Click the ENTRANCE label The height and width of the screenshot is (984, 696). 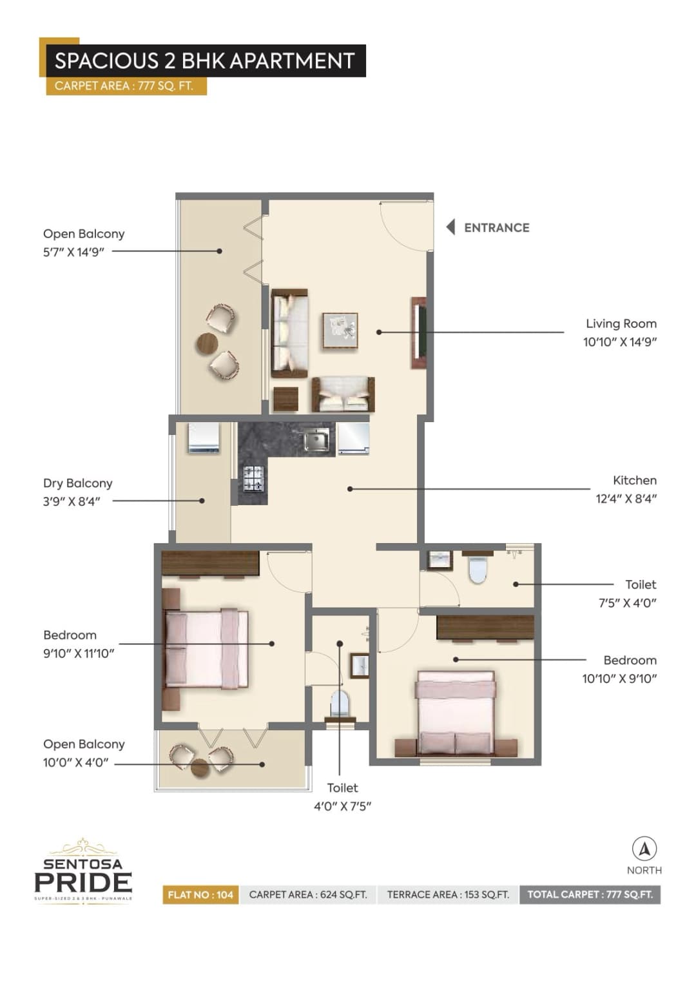pos(496,227)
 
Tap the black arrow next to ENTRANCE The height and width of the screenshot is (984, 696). pos(450,227)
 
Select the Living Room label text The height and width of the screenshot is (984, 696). pos(621,323)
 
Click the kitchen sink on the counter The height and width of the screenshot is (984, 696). pos(316,440)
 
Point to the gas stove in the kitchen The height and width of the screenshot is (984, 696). pos(253,478)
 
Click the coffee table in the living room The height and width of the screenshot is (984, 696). pos(340,331)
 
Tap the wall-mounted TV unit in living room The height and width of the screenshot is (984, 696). pos(419,333)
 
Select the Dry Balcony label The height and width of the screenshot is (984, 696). pos(77,483)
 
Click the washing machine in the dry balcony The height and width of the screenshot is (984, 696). pos(204,438)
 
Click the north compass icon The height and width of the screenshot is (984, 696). pos(644,849)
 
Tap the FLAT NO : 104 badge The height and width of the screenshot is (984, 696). pos(200,894)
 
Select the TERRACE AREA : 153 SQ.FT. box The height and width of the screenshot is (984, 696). pos(448,894)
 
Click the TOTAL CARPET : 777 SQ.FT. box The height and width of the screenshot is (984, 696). pos(590,894)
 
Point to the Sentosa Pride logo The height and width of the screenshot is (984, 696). pos(83,871)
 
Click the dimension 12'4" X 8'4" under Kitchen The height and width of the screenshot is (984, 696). pos(626,498)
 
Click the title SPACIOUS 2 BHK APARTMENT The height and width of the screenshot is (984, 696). pos(204,61)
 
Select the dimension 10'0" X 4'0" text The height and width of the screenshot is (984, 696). pos(76,762)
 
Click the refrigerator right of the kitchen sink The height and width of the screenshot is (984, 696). pos(353,439)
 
